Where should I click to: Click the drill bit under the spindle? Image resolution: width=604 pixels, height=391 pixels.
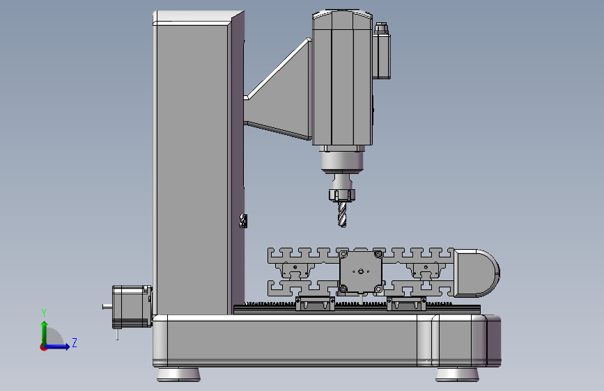pos(342,214)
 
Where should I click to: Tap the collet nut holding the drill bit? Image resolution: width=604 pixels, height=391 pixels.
pos(341,195)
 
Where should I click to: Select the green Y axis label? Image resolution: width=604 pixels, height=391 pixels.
pos(44,313)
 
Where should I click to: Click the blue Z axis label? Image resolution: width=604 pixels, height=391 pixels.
pos(75,342)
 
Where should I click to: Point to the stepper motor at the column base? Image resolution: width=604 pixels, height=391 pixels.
pos(132,307)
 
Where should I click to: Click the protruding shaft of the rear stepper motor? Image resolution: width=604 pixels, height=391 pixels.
pos(107,307)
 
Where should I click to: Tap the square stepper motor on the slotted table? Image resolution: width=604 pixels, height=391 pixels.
pos(361,272)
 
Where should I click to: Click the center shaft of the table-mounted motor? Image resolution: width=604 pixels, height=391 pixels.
pos(361,272)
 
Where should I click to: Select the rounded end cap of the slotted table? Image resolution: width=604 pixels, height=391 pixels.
pos(477,273)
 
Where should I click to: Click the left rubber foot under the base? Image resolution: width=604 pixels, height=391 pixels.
pos(178,374)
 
